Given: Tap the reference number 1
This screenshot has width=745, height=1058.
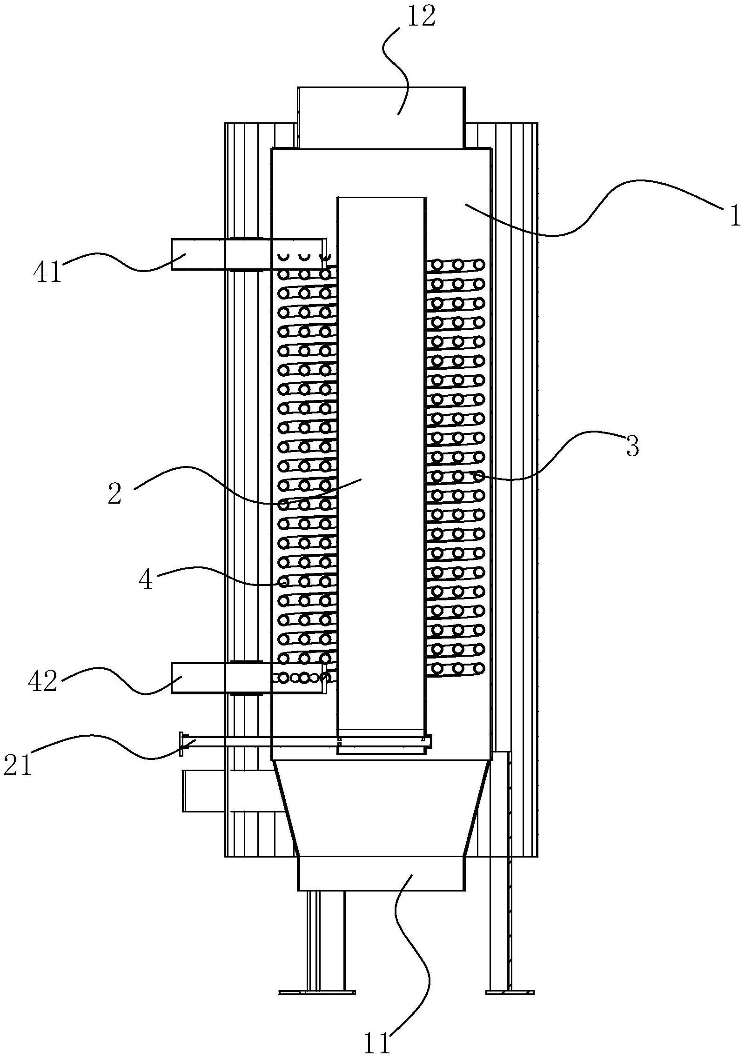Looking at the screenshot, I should click(734, 216).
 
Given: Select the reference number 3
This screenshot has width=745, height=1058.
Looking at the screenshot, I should click(631, 446).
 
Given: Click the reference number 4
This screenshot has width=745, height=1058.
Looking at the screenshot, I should click(146, 581).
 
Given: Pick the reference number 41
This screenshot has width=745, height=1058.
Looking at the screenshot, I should click(47, 273).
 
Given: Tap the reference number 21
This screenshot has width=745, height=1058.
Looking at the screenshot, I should click(18, 766).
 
